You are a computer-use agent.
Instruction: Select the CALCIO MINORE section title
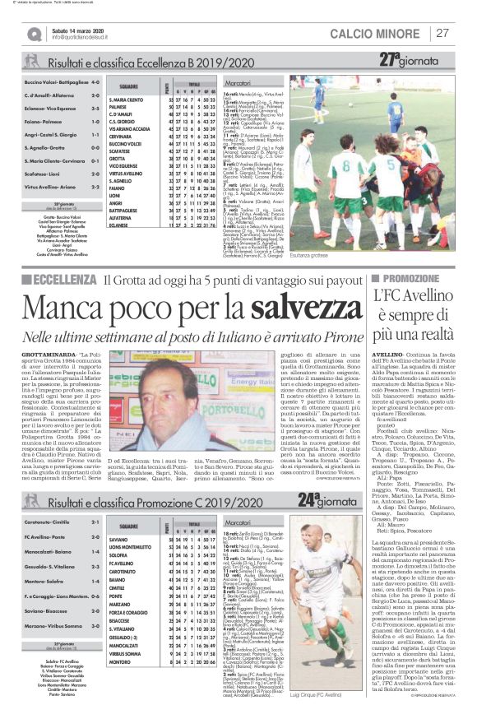point(377,34)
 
